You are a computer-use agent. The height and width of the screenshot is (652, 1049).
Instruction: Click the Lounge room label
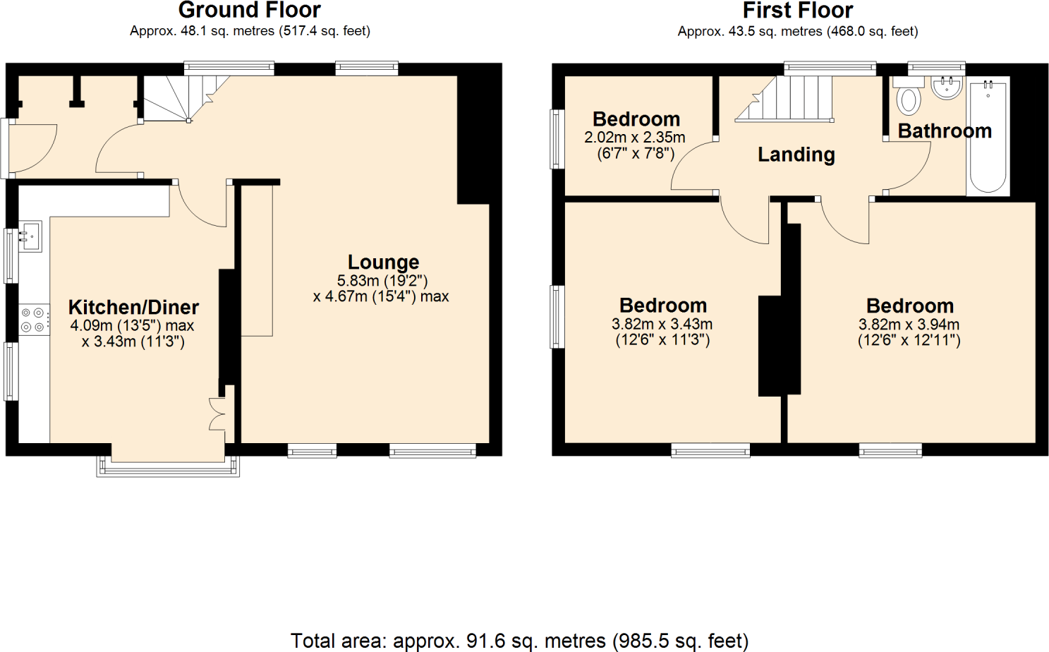click(x=383, y=262)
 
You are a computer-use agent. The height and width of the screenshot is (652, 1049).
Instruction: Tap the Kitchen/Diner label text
click(x=133, y=308)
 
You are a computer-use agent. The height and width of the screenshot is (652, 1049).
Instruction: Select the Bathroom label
click(x=945, y=131)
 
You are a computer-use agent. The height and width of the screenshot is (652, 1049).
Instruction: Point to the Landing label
click(x=796, y=155)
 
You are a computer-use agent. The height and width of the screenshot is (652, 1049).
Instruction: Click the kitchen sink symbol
click(x=30, y=236)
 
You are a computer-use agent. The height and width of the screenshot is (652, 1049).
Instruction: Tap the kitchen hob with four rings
click(x=33, y=320)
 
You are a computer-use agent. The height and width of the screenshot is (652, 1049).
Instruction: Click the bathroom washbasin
click(x=946, y=87)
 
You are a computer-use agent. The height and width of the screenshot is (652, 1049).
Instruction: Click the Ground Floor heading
click(x=249, y=11)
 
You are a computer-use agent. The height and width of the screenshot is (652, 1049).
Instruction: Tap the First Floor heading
click(x=797, y=11)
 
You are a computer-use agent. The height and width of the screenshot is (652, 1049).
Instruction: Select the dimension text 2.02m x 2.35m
click(x=634, y=138)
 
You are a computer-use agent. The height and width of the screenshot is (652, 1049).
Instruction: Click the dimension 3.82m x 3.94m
click(x=909, y=325)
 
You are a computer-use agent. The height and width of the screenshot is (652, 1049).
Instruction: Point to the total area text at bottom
click(x=519, y=641)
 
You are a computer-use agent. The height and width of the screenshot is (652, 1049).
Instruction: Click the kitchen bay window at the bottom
click(x=168, y=466)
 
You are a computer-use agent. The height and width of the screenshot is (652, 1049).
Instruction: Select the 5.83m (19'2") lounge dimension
click(x=382, y=281)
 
